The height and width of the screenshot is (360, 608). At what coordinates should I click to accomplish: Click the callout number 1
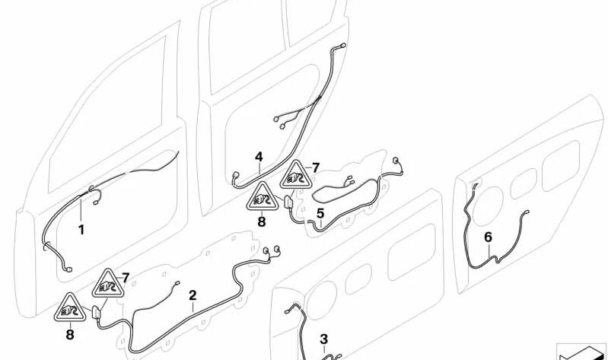81,230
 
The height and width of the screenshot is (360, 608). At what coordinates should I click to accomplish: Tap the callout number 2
193,295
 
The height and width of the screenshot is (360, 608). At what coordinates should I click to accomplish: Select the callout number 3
323,339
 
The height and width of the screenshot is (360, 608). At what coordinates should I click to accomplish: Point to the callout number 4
259,157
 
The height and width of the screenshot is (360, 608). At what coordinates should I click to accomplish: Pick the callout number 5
320,213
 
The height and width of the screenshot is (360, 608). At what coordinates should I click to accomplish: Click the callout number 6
489,237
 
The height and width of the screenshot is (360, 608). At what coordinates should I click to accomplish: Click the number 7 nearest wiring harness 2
126,278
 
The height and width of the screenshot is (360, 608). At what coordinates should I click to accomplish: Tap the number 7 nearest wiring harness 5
316,167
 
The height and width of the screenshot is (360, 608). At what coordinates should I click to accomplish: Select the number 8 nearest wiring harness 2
70,334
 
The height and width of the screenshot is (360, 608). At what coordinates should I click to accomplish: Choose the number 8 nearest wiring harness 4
262,222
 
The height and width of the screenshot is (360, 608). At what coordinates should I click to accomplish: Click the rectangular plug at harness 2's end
96,312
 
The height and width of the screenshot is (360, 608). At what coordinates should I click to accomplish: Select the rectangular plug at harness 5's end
289,203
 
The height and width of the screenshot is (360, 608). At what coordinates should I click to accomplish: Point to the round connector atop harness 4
342,46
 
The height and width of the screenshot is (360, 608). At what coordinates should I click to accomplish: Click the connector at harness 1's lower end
68,269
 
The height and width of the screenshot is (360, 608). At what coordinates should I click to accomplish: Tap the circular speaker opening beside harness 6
488,206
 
